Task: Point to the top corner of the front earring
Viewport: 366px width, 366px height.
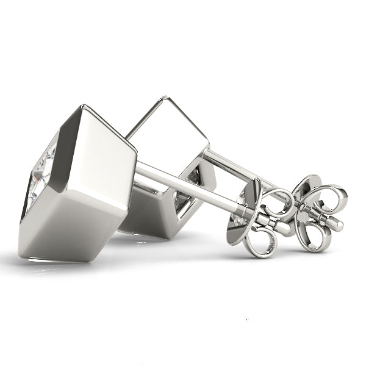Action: click(x=82, y=108)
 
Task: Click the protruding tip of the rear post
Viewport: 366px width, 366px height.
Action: click(x=335, y=224)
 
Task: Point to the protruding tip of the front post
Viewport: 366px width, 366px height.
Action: click(x=284, y=228)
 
